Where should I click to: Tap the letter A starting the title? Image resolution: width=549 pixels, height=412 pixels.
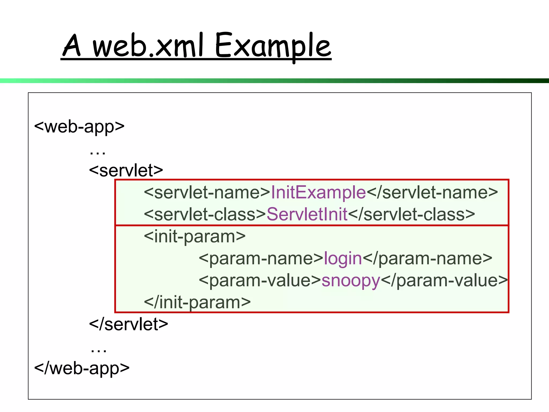pyautogui.click(x=72, y=46)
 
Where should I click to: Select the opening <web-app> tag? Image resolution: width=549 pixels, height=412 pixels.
pyautogui.click(x=80, y=127)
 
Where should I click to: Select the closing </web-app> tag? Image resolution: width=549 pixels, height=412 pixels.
pyautogui.click(x=82, y=368)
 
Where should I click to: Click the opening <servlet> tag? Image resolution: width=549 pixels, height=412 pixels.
pyautogui.click(x=126, y=170)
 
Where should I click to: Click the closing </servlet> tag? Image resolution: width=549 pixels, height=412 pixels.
pyautogui.click(x=129, y=324)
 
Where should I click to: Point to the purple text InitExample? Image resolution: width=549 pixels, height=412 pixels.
pyautogui.click(x=318, y=192)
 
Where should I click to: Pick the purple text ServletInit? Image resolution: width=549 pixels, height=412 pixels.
pyautogui.click(x=307, y=214)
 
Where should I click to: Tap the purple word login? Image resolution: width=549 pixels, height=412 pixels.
pyautogui.click(x=343, y=258)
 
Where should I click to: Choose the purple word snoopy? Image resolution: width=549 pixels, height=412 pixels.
pyautogui.click(x=351, y=281)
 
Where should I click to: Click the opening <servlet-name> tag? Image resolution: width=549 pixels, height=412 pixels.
pyautogui.click(x=207, y=192)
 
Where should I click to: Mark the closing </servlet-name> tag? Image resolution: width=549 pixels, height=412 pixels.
pyautogui.click(x=432, y=192)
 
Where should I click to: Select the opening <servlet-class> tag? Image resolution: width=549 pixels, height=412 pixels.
pyautogui.click(x=205, y=214)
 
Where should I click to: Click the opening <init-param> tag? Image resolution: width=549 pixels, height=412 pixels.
pyautogui.click(x=195, y=236)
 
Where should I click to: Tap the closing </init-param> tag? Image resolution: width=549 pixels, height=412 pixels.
pyautogui.click(x=197, y=302)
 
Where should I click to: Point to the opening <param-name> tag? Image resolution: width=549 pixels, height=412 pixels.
pyautogui.click(x=261, y=258)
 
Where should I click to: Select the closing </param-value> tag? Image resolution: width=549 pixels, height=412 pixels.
pyautogui.click(x=444, y=280)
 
